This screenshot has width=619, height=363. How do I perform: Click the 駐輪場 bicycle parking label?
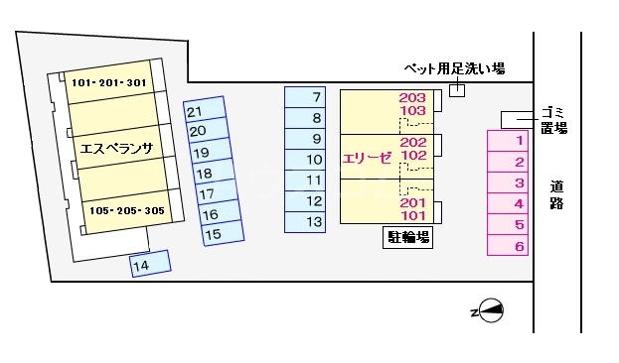pyautogui.click(x=407, y=237)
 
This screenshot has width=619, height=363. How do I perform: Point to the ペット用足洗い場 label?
pyautogui.click(x=453, y=68)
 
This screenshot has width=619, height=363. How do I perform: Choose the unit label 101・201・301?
pyautogui.click(x=109, y=83)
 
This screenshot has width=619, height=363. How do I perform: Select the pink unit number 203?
pyautogui.click(x=413, y=97)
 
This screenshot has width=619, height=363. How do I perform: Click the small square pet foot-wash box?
pyautogui.click(x=456, y=90)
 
